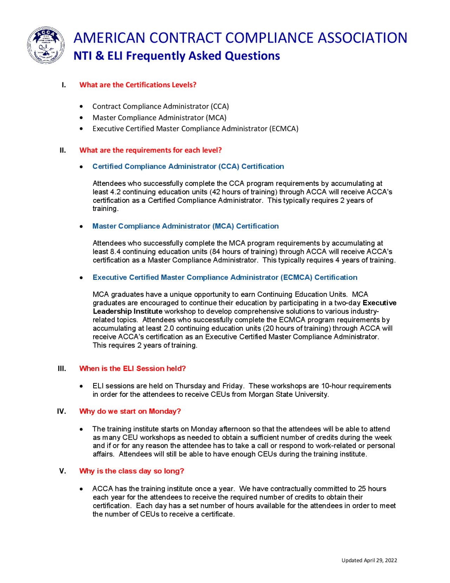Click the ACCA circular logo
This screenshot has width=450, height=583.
(x=46, y=45)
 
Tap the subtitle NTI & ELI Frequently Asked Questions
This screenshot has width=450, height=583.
(x=176, y=56)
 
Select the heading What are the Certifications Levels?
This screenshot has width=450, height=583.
(x=138, y=85)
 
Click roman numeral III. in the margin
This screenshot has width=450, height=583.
(x=62, y=369)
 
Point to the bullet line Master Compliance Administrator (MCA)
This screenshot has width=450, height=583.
(x=159, y=118)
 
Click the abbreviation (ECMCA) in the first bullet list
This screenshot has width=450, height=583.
(x=284, y=129)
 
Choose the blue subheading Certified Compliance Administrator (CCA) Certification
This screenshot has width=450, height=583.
(x=188, y=167)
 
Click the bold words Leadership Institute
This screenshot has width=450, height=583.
(x=128, y=311)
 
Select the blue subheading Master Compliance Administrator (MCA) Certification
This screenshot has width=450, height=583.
(x=185, y=226)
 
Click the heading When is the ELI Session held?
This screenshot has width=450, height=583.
(x=133, y=369)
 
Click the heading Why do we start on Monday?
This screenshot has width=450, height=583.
(x=130, y=411)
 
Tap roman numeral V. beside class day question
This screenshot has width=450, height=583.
(x=63, y=471)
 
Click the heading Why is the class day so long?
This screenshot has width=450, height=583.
(x=131, y=471)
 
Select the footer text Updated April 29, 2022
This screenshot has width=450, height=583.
(x=369, y=560)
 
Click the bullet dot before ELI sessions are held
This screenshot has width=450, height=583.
(x=82, y=386)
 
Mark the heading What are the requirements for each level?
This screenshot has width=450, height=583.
(x=150, y=150)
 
